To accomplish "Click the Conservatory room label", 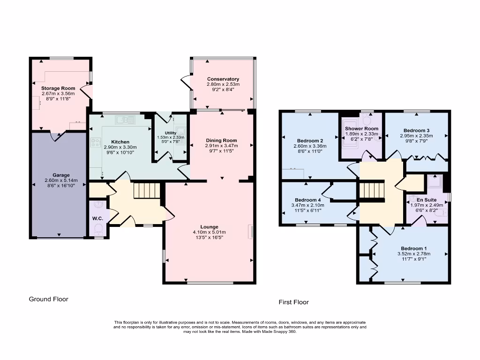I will [x=223, y=79].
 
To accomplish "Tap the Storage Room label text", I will [x=58, y=88].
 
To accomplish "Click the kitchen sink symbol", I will [x=125, y=120].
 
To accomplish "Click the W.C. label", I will [x=97, y=218].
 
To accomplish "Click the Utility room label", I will [x=171, y=133].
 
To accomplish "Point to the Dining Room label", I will [x=221, y=140].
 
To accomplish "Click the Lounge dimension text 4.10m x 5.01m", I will [x=209, y=232].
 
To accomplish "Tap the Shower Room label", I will [x=361, y=128].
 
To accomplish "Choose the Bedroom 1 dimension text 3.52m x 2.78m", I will [x=414, y=254].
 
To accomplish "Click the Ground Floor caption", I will [x=48, y=299].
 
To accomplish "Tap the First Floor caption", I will [x=293, y=302].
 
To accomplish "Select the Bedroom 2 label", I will [x=310, y=140].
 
